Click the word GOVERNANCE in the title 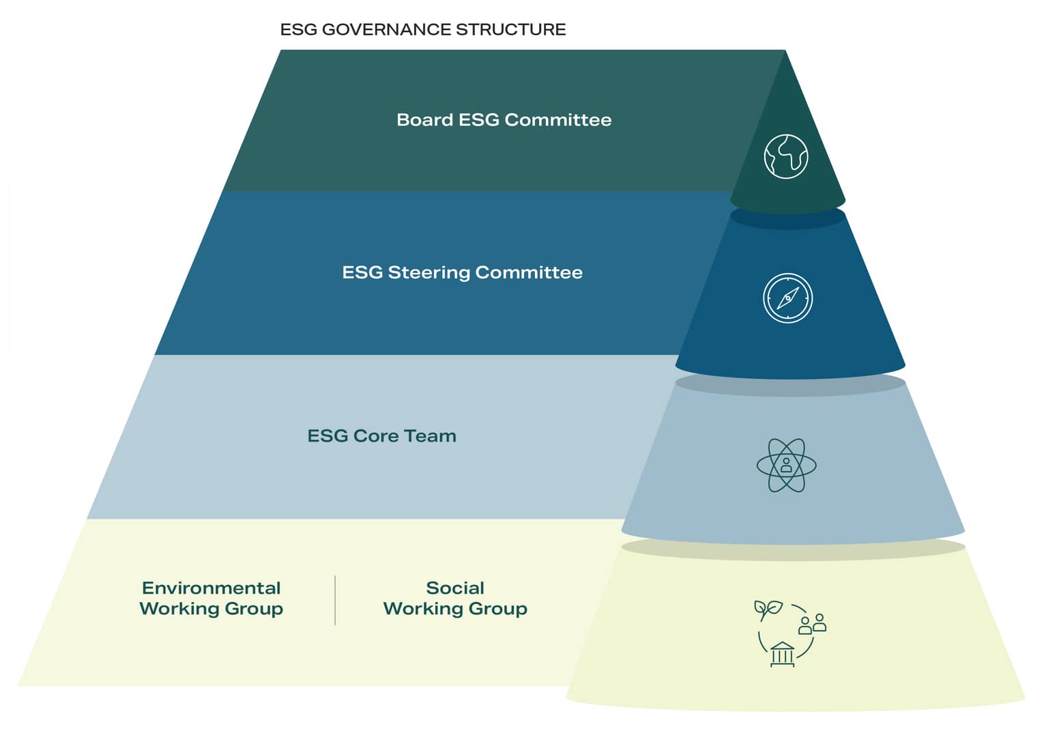pyautogui.click(x=386, y=29)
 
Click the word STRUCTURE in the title pyautogui.click(x=511, y=29)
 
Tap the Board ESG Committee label pyautogui.click(x=504, y=120)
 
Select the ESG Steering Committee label pyautogui.click(x=463, y=273)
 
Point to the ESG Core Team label pyautogui.click(x=381, y=436)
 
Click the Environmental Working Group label pyautogui.click(x=211, y=598)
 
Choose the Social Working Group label pyautogui.click(x=455, y=598)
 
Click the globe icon pyautogui.click(x=786, y=157)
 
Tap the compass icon pyautogui.click(x=787, y=298)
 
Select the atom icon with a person pyautogui.click(x=786, y=465)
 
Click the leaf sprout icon pyautogui.click(x=768, y=610)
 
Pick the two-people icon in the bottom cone pyautogui.click(x=813, y=624)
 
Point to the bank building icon pyautogui.click(x=783, y=655)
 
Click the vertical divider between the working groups pyautogui.click(x=335, y=600)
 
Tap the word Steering pyautogui.click(x=429, y=273)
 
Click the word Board pyautogui.click(x=424, y=120)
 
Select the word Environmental pyautogui.click(x=211, y=588)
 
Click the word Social pyautogui.click(x=455, y=588)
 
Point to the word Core pyautogui.click(x=376, y=436)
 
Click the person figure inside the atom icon pyautogui.click(x=786, y=465)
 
